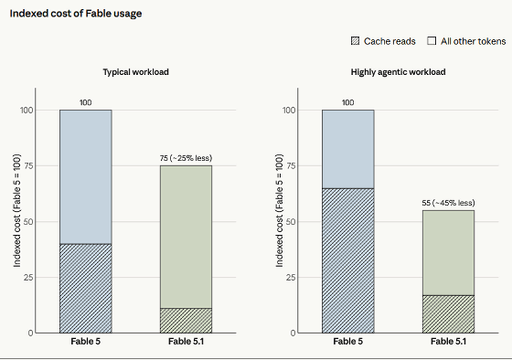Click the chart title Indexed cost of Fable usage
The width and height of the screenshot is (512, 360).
tap(76, 14)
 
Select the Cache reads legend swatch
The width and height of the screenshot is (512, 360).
tap(355, 41)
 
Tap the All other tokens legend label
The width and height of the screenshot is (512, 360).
tap(474, 41)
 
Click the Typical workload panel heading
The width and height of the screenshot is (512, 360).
tap(136, 72)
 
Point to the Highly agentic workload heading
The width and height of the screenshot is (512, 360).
tap(398, 72)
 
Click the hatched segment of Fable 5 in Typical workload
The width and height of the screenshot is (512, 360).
tap(86, 288)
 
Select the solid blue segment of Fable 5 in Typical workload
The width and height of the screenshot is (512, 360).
tap(86, 177)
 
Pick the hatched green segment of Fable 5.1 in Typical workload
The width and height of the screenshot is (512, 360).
tap(186, 321)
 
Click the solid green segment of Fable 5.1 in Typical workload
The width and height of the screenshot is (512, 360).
tap(186, 237)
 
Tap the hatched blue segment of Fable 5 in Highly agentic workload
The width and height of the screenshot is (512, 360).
tap(348, 260)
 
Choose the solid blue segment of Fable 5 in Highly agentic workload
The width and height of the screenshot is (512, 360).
tap(348, 149)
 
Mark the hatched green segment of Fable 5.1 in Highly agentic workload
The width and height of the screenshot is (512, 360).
tap(448, 314)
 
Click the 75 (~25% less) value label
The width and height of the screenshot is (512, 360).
tap(186, 158)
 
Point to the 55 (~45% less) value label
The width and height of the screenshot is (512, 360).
tap(448, 203)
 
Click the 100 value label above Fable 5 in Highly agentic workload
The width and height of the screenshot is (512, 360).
tap(348, 102)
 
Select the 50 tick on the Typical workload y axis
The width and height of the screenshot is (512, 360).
tap(28, 222)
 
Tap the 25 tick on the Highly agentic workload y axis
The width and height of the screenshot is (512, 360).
tap(291, 278)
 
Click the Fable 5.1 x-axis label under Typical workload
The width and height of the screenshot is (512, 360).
tap(186, 342)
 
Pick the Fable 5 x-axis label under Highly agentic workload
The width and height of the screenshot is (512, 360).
tap(348, 342)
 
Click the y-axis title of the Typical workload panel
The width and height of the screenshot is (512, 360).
tap(17, 210)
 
